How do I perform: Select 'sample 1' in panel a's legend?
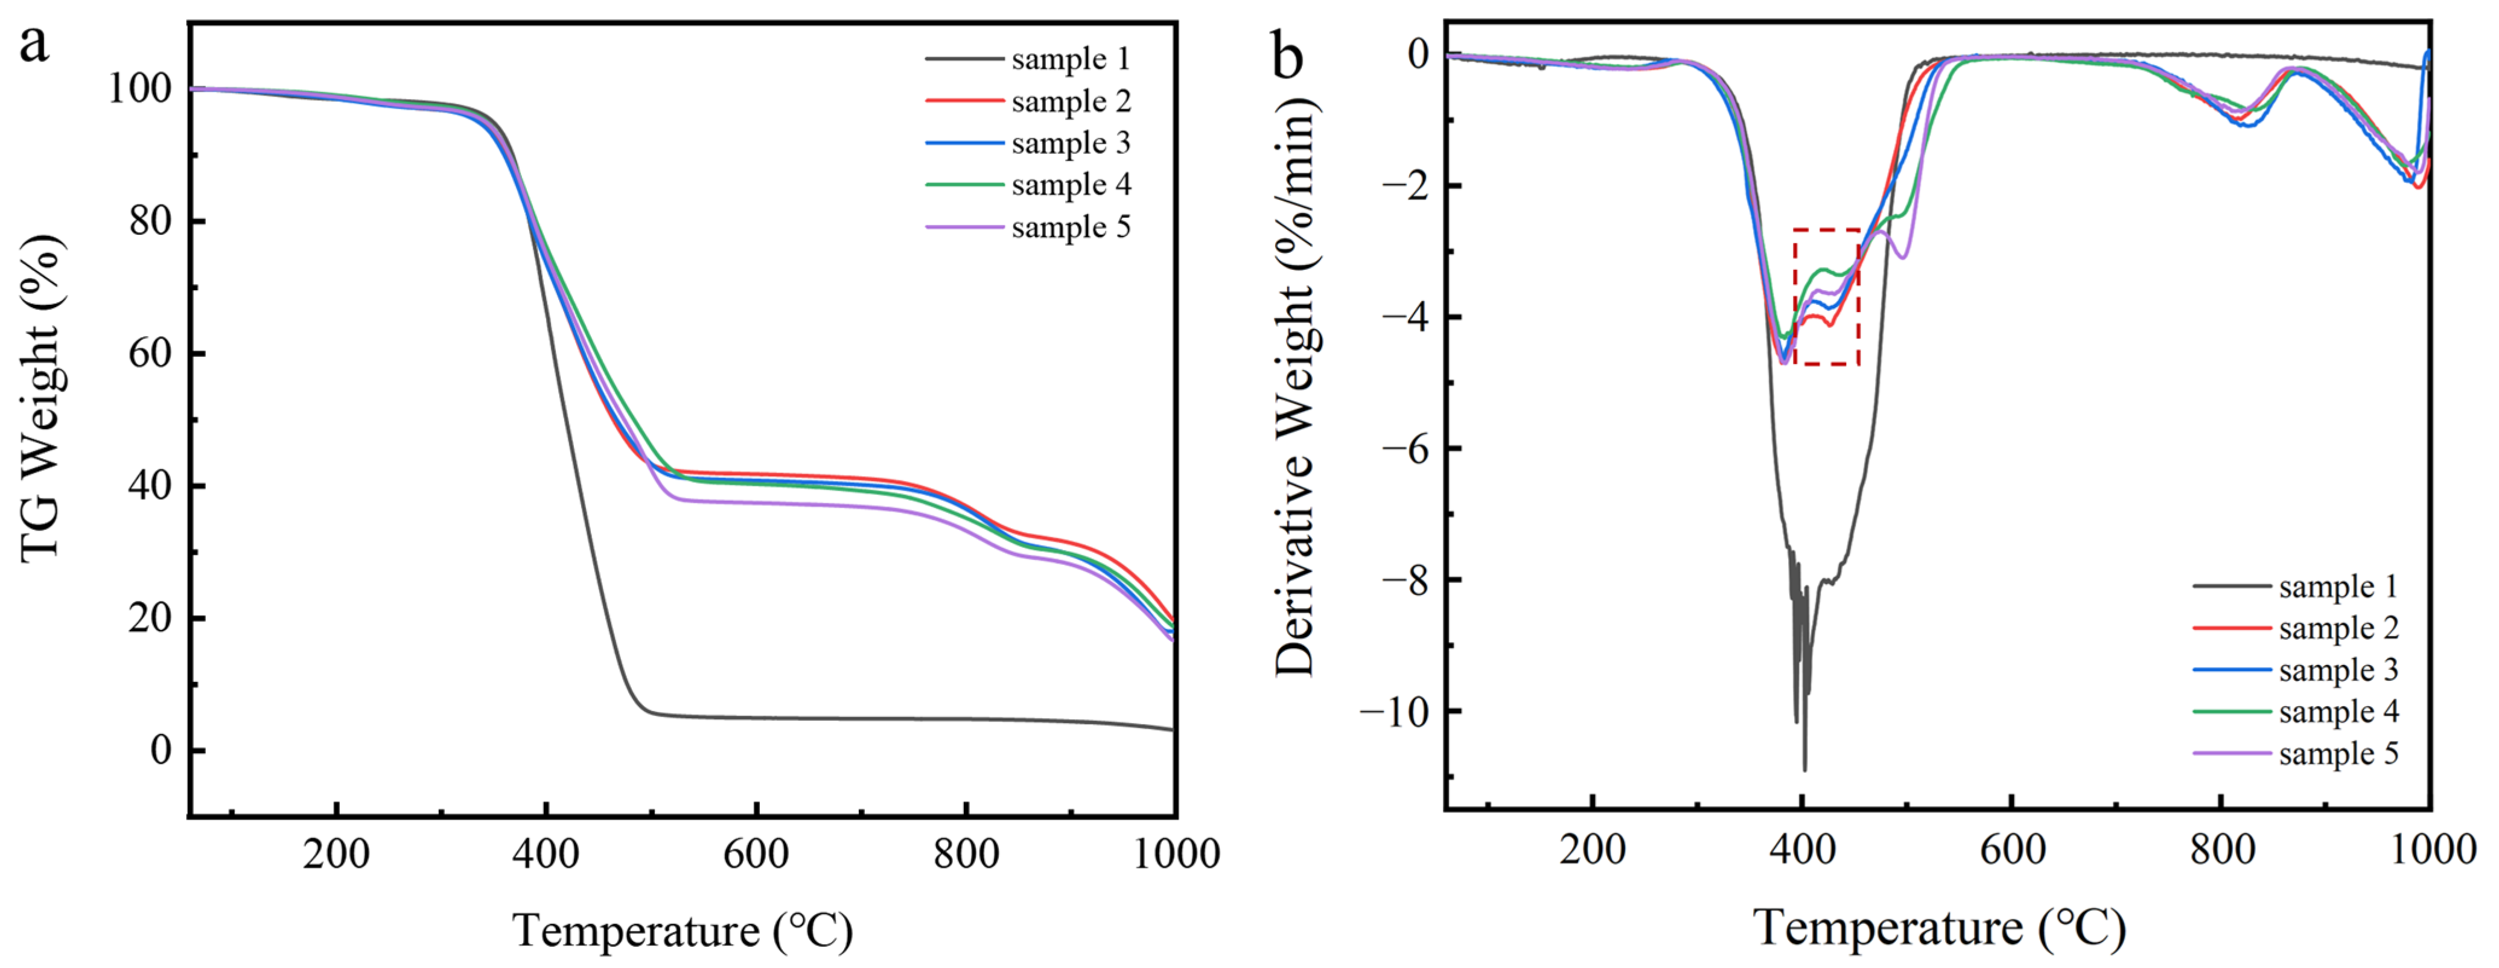[x=1070, y=59]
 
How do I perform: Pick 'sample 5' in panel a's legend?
[x=1070, y=227]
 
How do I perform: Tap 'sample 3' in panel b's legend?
[x=2338, y=669]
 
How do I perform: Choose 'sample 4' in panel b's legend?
[x=2338, y=711]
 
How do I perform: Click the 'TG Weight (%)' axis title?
[x=42, y=398]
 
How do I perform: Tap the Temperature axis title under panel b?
[x=1939, y=927]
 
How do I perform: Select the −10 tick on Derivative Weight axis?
[x=1394, y=712]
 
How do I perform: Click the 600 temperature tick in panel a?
[x=756, y=853]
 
